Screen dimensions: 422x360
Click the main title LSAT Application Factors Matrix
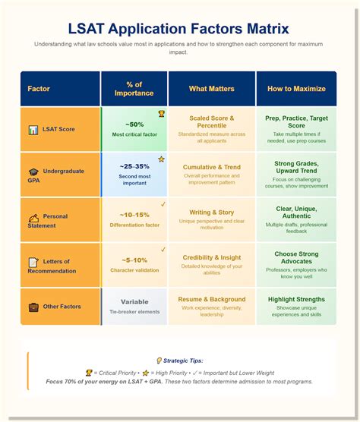click(x=179, y=29)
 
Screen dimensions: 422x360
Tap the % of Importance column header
click(x=134, y=88)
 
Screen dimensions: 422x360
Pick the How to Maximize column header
click(x=296, y=89)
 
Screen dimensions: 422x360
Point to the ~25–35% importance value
click(x=134, y=166)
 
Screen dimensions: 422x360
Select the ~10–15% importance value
click(x=134, y=215)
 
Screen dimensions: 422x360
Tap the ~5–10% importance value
click(x=134, y=260)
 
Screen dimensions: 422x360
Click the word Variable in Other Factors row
click(x=134, y=301)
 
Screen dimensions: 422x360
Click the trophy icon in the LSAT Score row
click(x=161, y=115)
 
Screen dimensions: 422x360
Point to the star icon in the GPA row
click(x=161, y=159)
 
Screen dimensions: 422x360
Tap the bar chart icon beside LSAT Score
click(x=33, y=130)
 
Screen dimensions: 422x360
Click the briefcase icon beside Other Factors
click(x=33, y=307)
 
